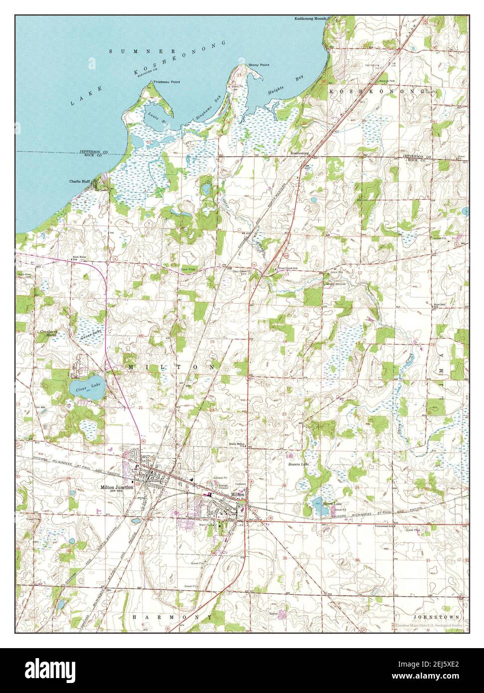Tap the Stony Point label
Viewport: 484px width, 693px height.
click(x=259, y=65)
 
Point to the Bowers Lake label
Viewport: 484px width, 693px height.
click(x=299, y=464)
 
